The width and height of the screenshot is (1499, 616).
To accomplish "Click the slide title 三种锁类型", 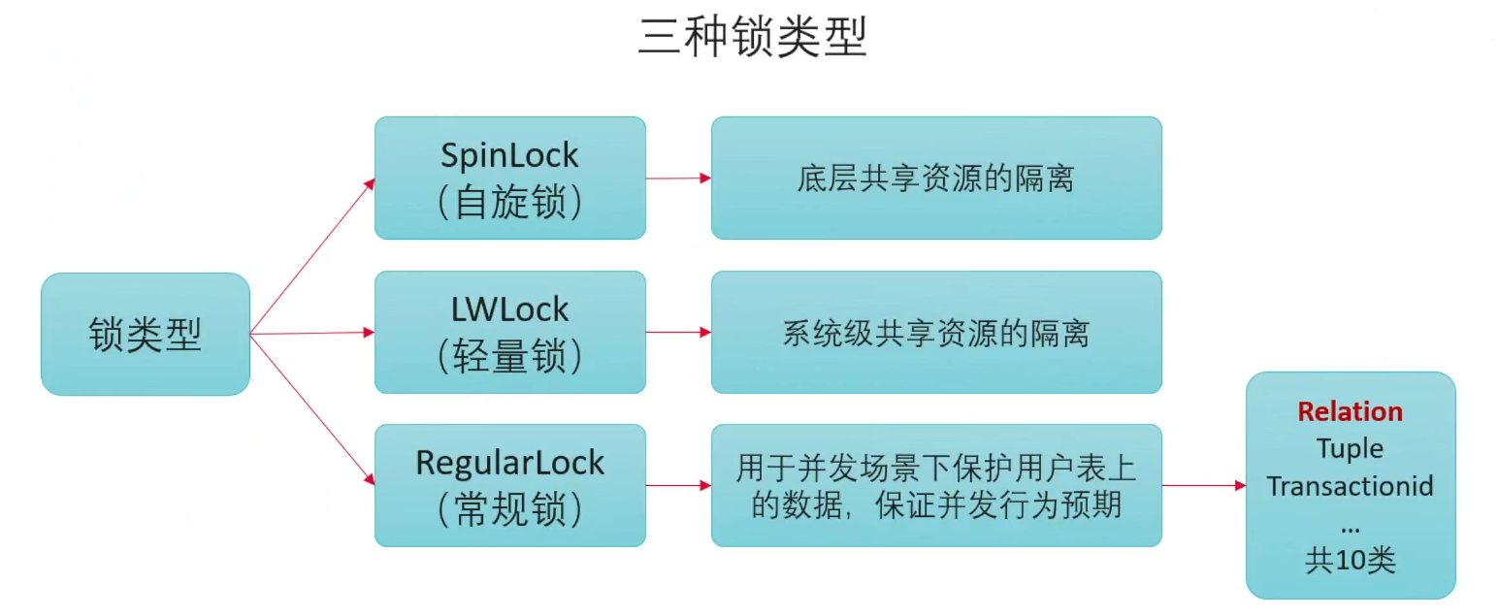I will click(752, 38).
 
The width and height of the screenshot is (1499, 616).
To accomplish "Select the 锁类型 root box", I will click(146, 335).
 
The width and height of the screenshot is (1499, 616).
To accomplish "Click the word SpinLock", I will click(509, 155).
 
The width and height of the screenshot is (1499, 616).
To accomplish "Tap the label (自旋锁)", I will click(509, 201).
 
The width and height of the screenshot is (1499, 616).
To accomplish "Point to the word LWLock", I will click(509, 309).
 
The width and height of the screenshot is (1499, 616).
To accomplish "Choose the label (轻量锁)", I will click(509, 356).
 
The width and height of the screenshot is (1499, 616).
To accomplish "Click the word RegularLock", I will click(509, 462).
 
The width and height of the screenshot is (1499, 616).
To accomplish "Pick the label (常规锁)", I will click(509, 508).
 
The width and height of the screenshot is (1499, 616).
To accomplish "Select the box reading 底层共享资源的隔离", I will click(935, 178).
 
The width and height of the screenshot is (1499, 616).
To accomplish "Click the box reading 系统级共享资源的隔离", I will click(935, 333).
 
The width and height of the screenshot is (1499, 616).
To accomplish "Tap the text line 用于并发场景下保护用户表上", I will click(935, 469).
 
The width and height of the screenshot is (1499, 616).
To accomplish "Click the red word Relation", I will click(1350, 411).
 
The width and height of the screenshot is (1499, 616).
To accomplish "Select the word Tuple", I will click(1350, 448).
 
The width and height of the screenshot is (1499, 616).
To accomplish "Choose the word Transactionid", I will click(1350, 485).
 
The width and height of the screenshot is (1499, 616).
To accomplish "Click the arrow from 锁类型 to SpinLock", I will click(310, 257).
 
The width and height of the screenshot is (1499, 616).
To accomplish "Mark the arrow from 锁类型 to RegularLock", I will click(310, 407).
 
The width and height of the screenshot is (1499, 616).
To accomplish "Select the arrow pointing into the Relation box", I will click(1203, 485).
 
